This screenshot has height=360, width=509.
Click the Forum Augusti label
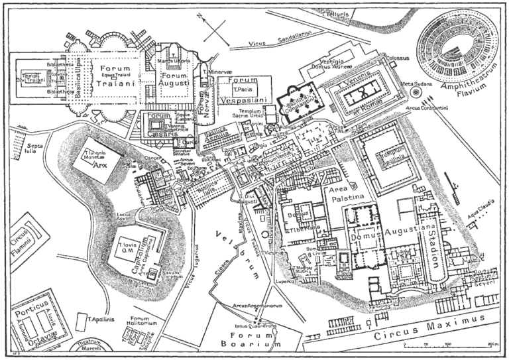pyautogui.click(x=174, y=79)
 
